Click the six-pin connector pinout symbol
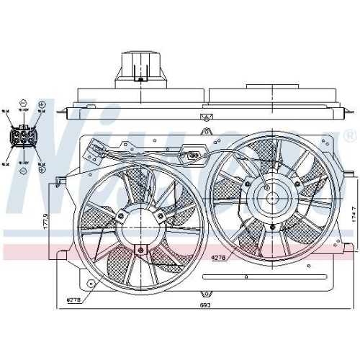coord(24,136)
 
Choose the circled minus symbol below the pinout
coord(24,170)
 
